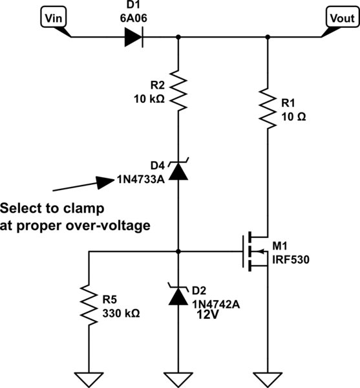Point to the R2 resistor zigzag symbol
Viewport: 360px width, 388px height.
click(179, 91)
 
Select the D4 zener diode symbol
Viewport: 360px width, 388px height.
click(179, 170)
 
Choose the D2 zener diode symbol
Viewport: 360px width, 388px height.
click(179, 296)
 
